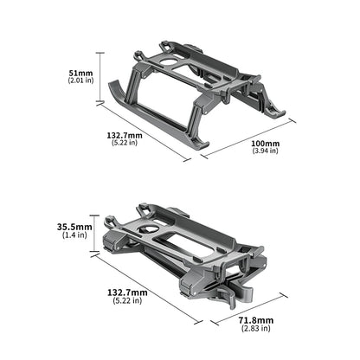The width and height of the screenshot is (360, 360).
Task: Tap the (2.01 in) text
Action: click(81, 80)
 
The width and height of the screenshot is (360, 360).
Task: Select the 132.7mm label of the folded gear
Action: click(126, 293)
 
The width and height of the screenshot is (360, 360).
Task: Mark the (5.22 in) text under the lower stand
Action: click(126, 303)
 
